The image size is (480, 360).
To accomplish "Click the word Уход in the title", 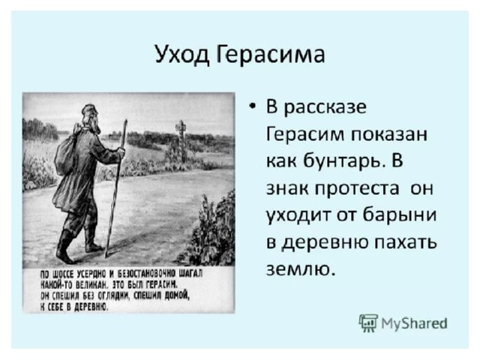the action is [x=181, y=55].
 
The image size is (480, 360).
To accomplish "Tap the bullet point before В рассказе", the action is [x=252, y=106].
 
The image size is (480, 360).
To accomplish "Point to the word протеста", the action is [x=357, y=189].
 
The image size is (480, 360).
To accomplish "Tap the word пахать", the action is [x=406, y=241].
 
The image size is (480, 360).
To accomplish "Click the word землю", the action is [x=298, y=269].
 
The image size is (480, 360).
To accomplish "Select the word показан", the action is [x=388, y=135].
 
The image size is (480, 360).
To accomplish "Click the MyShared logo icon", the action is [x=368, y=323].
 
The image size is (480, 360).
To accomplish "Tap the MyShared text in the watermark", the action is [x=414, y=323].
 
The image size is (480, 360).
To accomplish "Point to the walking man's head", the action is [x=90, y=118].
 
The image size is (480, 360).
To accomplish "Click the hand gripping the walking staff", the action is [x=121, y=152].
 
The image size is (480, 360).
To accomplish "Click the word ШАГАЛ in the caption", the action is [x=193, y=273].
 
